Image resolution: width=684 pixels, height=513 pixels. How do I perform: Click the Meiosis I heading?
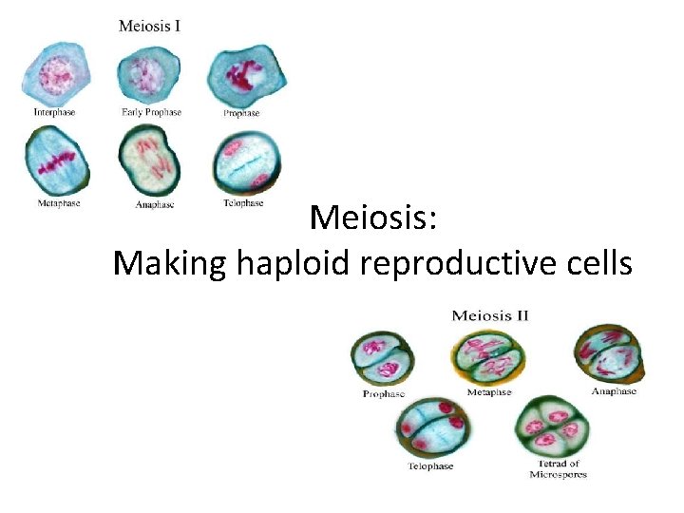[149, 26]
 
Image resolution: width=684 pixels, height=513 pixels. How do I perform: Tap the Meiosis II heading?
[490, 315]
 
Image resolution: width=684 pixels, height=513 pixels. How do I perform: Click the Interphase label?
[54, 112]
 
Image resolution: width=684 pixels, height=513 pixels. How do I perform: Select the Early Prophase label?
[151, 112]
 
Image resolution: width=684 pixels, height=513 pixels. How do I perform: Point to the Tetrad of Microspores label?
[559, 469]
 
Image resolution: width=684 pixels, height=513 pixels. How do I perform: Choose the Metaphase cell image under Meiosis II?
[490, 353]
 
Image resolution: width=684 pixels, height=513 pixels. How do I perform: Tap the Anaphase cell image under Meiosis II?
[610, 353]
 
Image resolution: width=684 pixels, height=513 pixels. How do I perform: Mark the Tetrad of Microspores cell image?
[555, 427]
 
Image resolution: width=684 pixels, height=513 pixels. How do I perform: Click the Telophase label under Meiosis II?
[430, 466]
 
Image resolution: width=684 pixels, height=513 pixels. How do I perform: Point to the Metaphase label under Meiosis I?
[58, 203]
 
